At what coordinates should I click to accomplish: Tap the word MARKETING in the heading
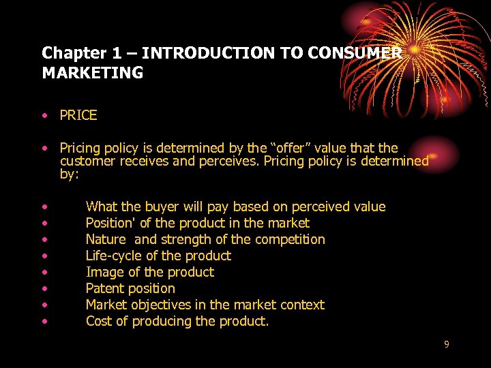point(93,73)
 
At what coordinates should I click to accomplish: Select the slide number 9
point(447,344)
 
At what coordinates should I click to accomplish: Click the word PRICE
point(78,116)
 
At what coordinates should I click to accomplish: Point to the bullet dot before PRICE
point(44,116)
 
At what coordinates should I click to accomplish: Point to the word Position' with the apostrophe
point(110,223)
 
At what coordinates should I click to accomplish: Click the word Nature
point(106,239)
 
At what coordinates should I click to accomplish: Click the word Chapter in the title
point(68,52)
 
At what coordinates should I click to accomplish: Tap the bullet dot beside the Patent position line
point(44,289)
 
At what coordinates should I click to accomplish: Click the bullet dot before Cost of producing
point(44,322)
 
